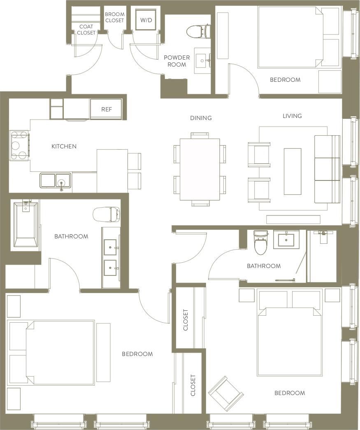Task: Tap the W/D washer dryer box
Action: [x=146, y=20]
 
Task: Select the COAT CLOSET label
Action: [x=86, y=30]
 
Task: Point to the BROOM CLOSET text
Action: [x=114, y=17]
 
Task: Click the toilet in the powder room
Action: [x=198, y=31]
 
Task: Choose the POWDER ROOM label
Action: [x=177, y=61]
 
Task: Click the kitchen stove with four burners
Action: [x=19, y=145]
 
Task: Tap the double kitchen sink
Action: [x=56, y=180]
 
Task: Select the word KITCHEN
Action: [x=64, y=146]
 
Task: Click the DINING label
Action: [x=201, y=118]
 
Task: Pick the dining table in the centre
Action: [x=200, y=169]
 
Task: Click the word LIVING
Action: [x=292, y=116]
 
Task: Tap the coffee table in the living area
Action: [x=292, y=171]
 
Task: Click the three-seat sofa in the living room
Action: [x=327, y=169]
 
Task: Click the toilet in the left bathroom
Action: [x=106, y=214]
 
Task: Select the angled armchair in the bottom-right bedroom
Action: [x=225, y=393]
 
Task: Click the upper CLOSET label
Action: [x=186, y=320]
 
